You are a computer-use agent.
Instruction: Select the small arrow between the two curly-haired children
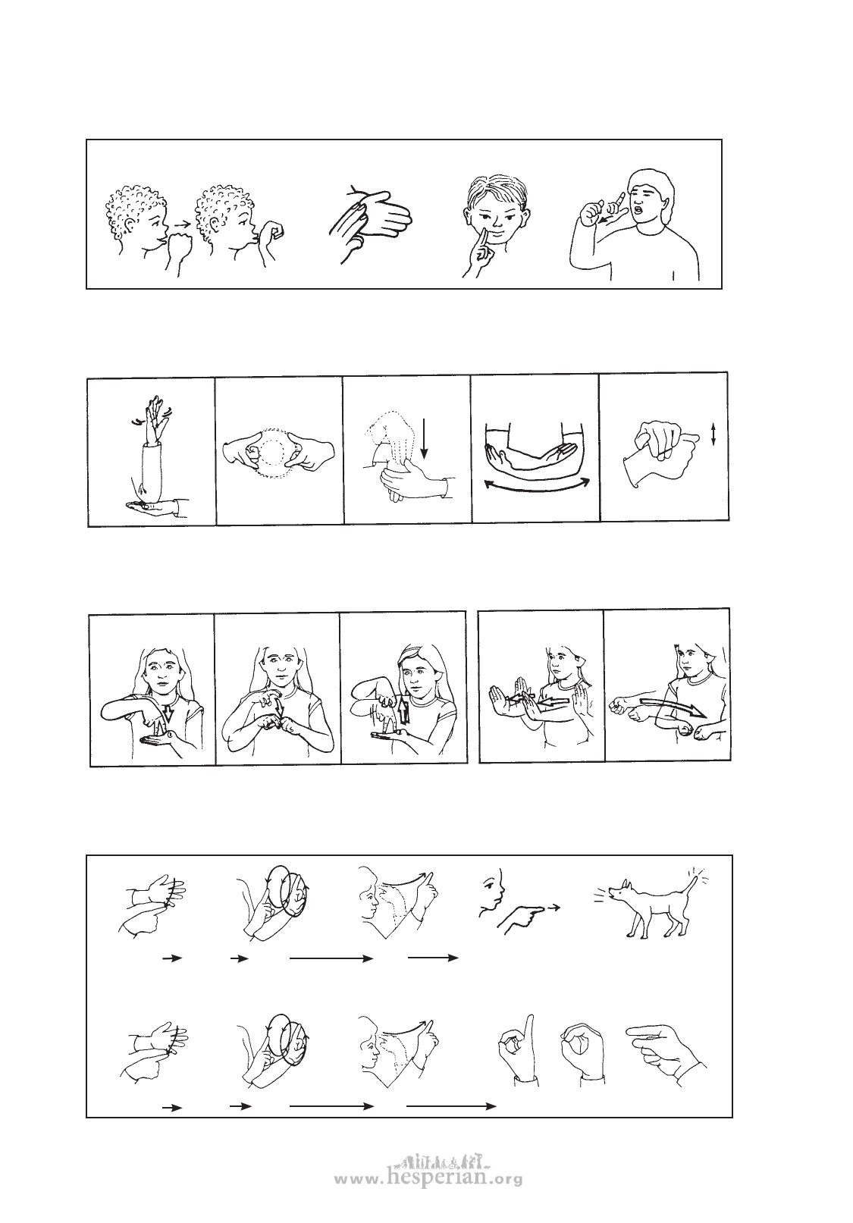(x=180, y=224)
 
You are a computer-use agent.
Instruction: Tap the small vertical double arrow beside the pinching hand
(x=713, y=435)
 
